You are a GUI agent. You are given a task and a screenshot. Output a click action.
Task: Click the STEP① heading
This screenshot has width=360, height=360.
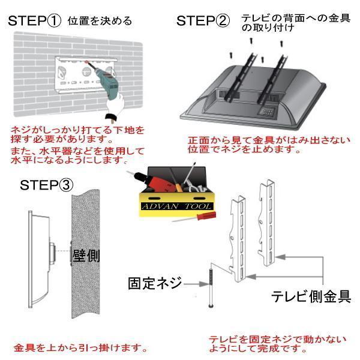click(34, 21)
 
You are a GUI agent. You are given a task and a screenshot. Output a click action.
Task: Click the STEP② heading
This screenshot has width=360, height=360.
click(203, 21)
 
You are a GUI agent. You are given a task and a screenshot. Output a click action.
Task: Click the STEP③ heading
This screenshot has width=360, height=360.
click(47, 184)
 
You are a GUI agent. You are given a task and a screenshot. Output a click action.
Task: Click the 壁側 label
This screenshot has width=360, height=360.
click(86, 256)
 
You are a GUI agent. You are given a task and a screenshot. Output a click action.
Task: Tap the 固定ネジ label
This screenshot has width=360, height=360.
click(155, 283)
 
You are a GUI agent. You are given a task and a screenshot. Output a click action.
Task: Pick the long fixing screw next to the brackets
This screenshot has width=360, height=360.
click(211, 288)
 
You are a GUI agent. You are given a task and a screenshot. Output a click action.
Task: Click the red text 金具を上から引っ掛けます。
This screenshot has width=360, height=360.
click(80, 347)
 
